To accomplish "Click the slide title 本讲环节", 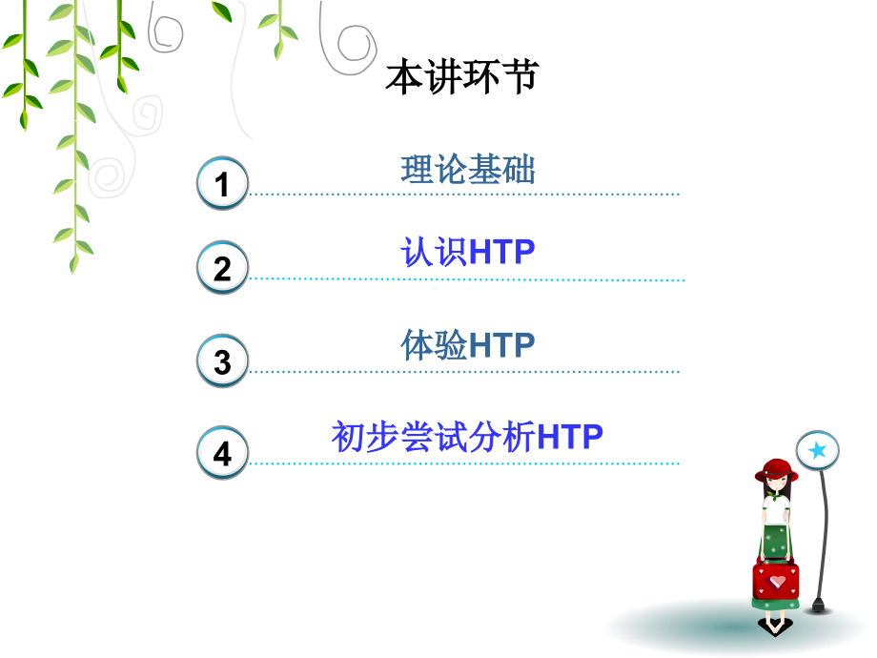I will coord(462,76).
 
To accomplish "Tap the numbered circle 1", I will coord(222,183).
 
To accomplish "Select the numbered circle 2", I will coord(222,268).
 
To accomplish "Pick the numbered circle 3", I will coord(222,361).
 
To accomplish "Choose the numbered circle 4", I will coord(222,453).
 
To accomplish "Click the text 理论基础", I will coord(468,170).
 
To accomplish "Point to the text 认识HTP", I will coord(468,253).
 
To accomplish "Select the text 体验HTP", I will coord(468,344).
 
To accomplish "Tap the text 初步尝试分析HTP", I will coord(468,437).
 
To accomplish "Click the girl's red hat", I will coord(776,469).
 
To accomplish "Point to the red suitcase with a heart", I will coord(776,578).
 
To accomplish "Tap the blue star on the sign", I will coord(817,450).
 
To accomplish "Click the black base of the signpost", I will coord(816,607).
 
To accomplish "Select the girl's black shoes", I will coord(775,626).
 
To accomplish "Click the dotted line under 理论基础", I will coord(463,194).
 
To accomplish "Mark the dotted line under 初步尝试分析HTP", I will coord(463,463).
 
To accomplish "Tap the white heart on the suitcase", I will coord(778,580).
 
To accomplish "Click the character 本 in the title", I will coord(404,76).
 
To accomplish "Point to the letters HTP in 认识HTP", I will coord(502,253).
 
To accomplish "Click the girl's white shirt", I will coord(776,509).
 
